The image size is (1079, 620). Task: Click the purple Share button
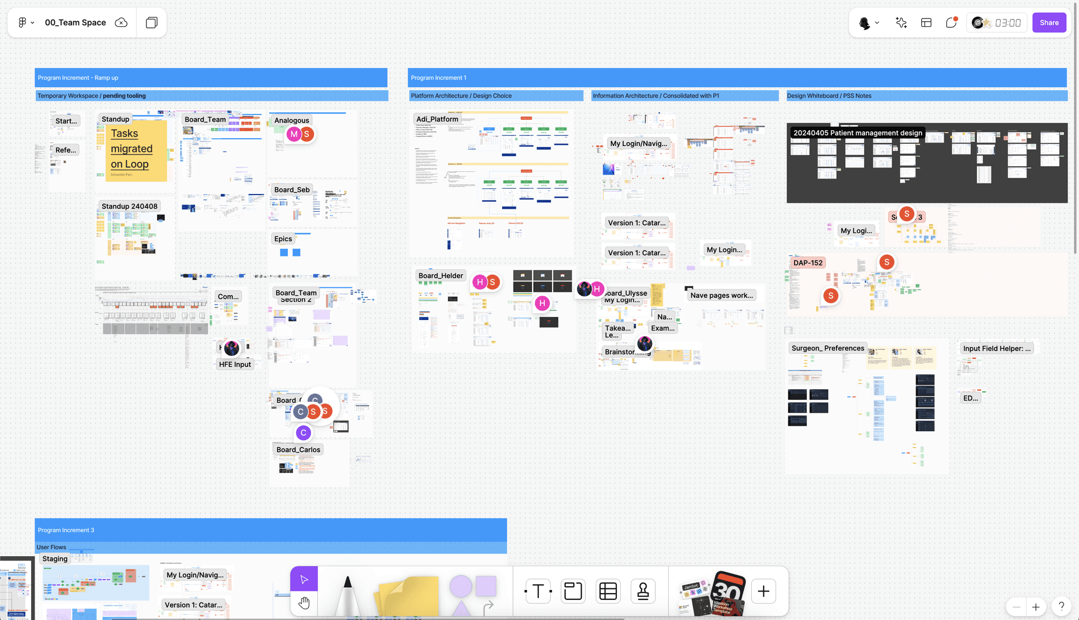coord(1049,23)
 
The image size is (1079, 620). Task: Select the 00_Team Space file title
coord(75,23)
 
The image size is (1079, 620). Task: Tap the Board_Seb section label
coord(292,190)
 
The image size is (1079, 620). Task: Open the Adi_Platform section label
coord(437,119)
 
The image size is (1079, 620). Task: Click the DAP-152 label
coord(808,263)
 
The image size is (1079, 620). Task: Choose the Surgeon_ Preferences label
coord(828,348)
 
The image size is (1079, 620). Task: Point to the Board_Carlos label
coord(298,450)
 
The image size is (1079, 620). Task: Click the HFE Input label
coord(235,364)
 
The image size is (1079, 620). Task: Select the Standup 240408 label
coord(130,206)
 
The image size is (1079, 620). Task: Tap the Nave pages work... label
coord(721,295)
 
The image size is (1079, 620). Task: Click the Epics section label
coord(283,239)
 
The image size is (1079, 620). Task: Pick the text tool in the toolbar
coord(538,591)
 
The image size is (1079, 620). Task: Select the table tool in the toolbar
coord(608,591)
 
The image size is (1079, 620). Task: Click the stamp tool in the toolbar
coord(643,591)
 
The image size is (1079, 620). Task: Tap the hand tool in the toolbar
coord(304,603)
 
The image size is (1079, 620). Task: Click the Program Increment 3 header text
coord(66,530)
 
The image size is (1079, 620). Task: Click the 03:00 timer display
coord(1007,23)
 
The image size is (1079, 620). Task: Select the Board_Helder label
coord(440,276)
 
